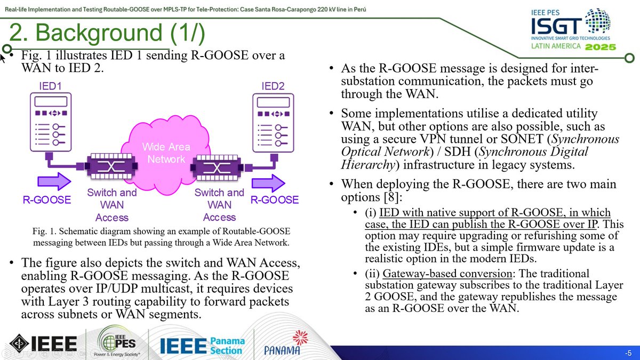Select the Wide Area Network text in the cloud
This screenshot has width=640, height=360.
(166, 153)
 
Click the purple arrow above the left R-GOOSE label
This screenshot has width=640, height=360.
(47, 181)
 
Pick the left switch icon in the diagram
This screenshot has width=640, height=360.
(108, 167)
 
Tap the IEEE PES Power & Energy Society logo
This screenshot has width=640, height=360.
(117, 345)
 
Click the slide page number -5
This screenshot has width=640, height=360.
(628, 354)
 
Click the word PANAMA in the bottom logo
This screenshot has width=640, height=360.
(282, 350)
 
